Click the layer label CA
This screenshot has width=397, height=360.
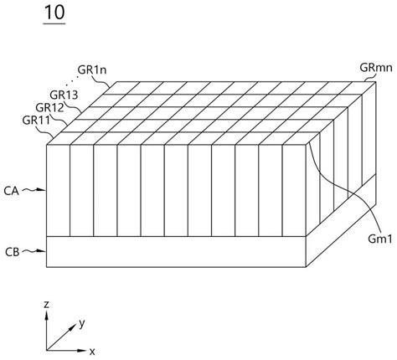(x=13, y=190)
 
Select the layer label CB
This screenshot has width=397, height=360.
(x=13, y=250)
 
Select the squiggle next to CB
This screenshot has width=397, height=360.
(x=34, y=250)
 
